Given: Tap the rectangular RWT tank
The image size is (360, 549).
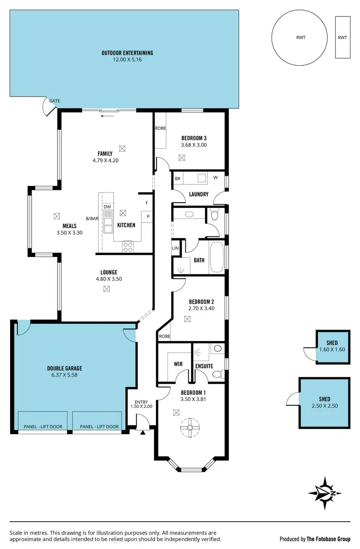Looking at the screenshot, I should click(x=342, y=37).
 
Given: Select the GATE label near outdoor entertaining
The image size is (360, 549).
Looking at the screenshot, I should click(x=55, y=101).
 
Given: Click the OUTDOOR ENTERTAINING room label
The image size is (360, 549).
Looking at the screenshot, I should click(x=127, y=53).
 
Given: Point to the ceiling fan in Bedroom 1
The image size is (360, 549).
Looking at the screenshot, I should click(x=189, y=427).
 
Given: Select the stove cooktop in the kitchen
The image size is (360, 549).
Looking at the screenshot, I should click(x=128, y=246).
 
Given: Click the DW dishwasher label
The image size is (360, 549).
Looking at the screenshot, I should click(x=107, y=207).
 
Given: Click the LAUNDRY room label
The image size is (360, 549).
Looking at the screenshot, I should click(x=199, y=195).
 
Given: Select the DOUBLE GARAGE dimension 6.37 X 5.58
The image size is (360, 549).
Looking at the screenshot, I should click(x=64, y=375).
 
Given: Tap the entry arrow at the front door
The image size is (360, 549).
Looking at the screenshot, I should click(x=143, y=433).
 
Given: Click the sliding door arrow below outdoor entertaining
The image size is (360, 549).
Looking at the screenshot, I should click(x=108, y=115).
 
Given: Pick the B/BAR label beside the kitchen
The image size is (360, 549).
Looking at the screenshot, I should click(x=92, y=219).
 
